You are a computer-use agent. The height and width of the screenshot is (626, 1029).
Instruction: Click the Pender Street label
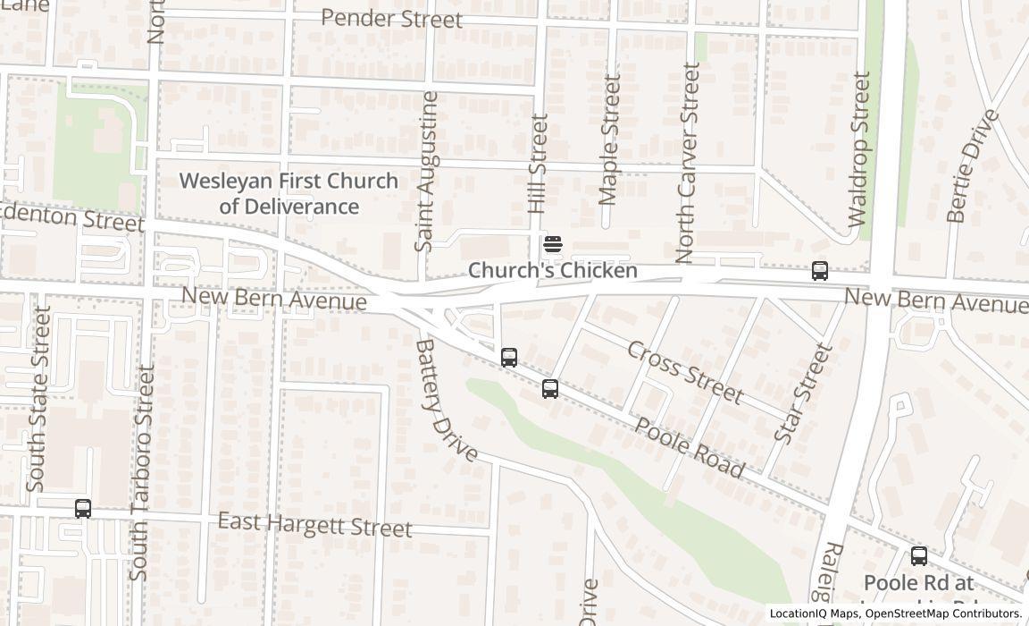point(391,19)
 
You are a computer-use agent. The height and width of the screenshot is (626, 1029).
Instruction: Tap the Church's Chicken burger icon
point(552,244)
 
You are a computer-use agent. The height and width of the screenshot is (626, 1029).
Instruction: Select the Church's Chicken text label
point(552,270)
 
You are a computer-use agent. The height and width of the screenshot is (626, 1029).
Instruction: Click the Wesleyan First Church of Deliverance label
point(289,193)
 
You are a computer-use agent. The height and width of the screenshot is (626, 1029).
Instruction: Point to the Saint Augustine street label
point(427,171)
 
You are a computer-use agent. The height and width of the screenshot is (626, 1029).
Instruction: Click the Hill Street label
point(537,163)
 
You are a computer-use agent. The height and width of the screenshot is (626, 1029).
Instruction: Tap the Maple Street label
point(610,139)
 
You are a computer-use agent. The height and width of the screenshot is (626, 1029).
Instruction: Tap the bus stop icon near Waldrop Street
point(819,270)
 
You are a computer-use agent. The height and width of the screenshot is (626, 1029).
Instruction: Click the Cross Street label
point(684,372)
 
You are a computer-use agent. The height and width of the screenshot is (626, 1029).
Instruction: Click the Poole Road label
point(689,446)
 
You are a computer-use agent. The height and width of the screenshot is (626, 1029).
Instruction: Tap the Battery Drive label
point(447,399)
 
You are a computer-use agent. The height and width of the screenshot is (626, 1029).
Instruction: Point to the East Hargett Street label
point(314,525)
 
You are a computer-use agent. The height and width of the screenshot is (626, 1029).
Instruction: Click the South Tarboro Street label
point(142,472)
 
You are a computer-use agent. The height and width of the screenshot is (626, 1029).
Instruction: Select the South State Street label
point(38,399)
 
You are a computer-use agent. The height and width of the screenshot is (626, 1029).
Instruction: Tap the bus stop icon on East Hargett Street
point(83,509)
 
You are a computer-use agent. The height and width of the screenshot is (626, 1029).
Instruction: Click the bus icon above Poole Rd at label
point(918,555)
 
